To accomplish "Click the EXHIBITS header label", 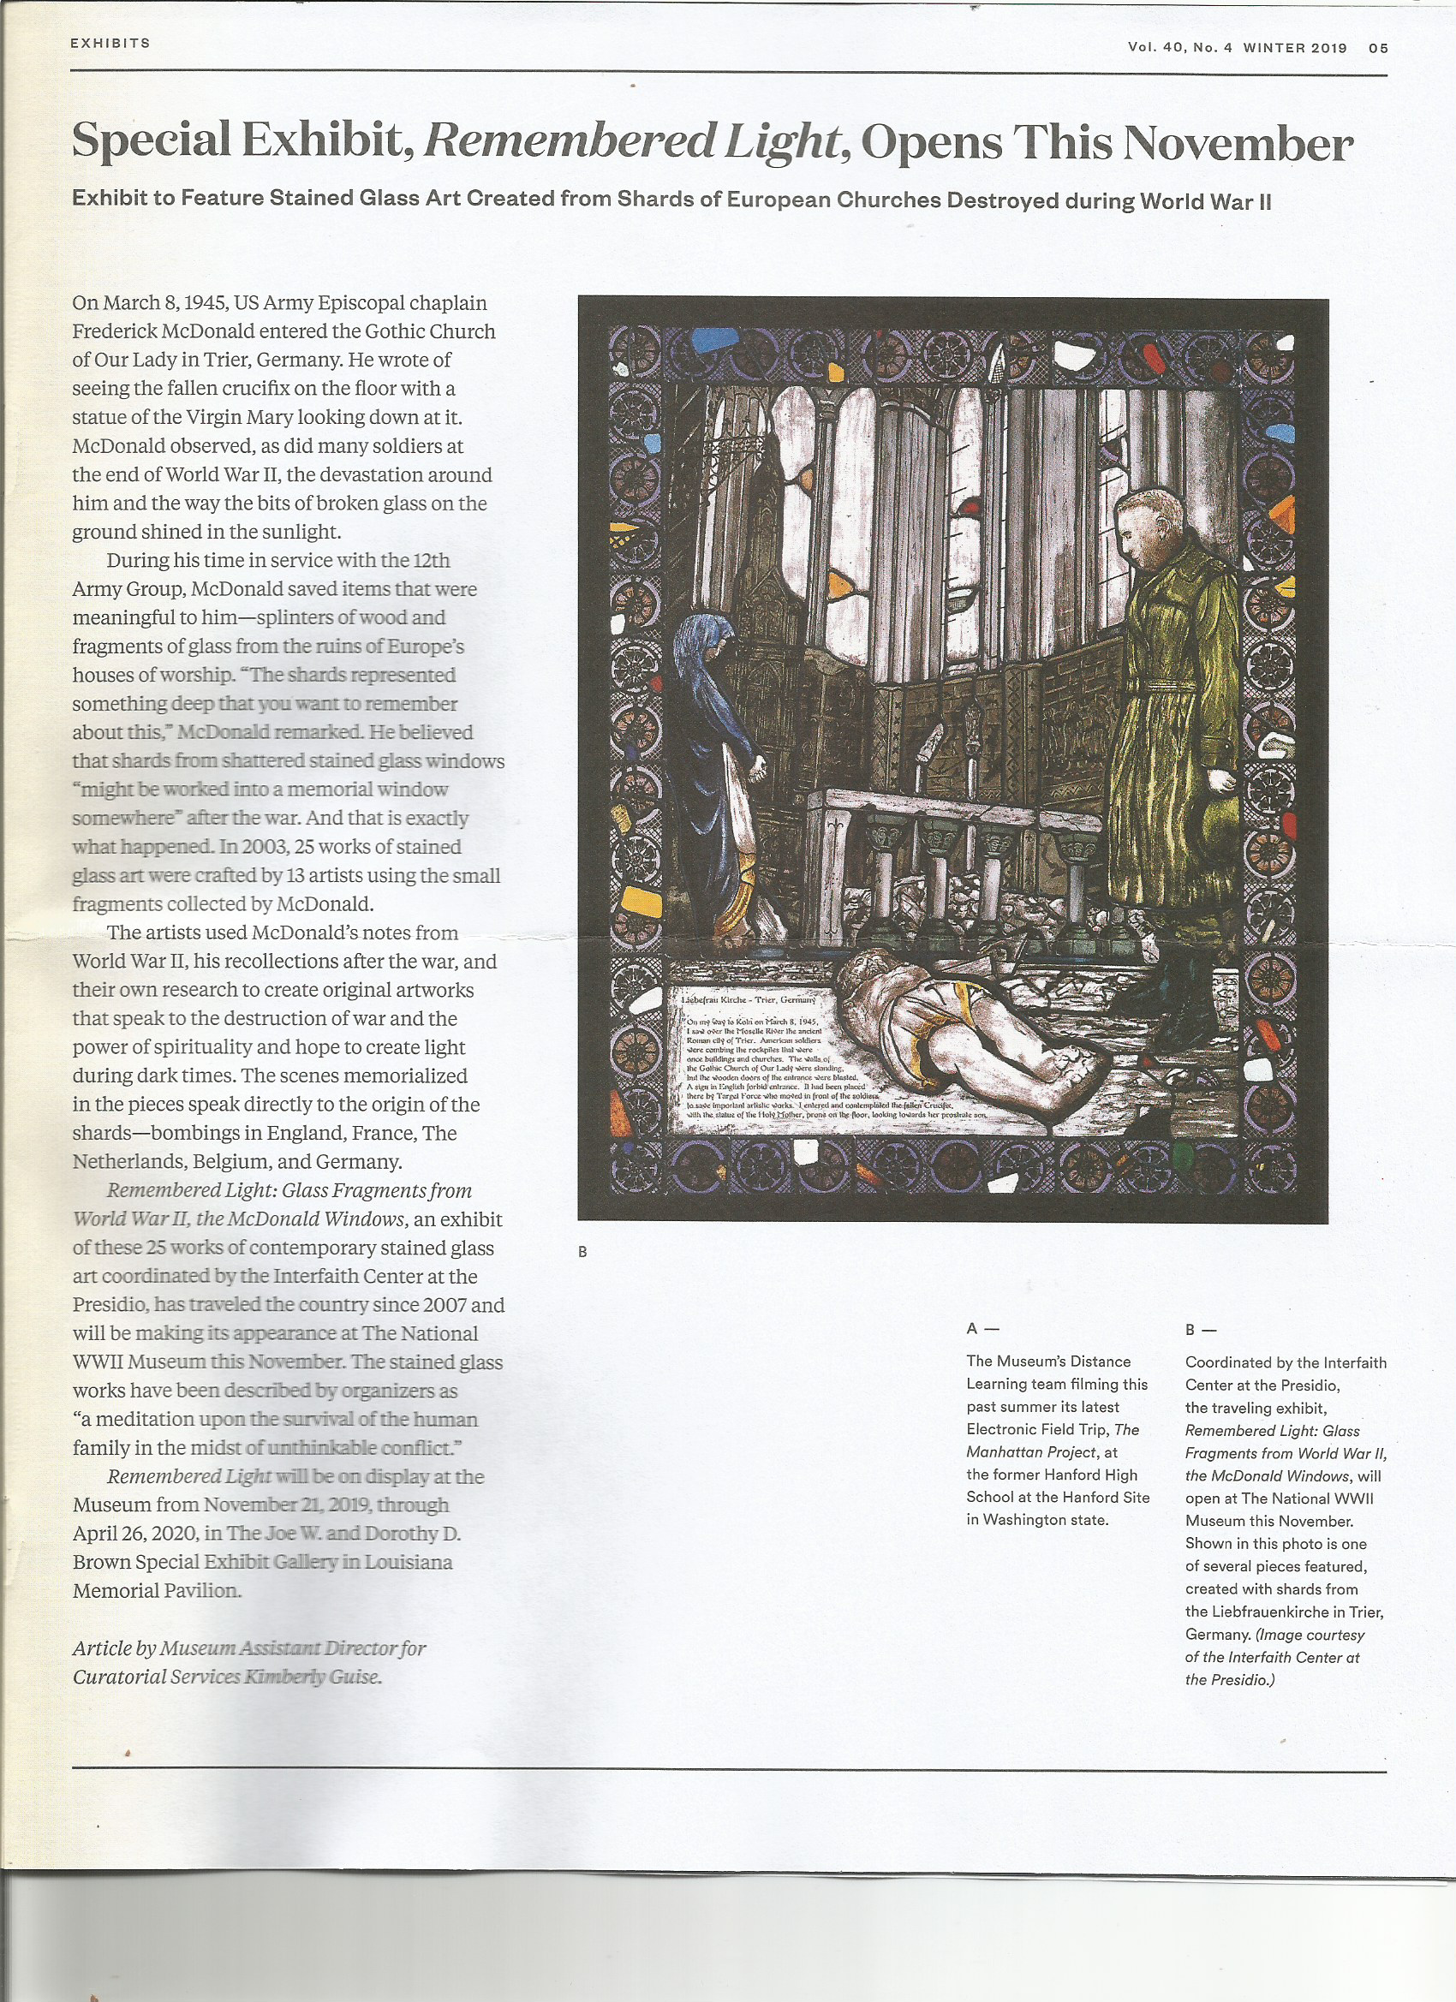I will tap(110, 44).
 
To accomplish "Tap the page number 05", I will tap(1378, 49).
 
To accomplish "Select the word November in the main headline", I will tap(1238, 143).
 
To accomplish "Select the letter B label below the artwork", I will tap(582, 1252).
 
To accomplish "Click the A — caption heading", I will tap(982, 1328).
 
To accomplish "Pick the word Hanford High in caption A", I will tap(1094, 1475).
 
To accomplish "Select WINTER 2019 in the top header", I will tap(1294, 48).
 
